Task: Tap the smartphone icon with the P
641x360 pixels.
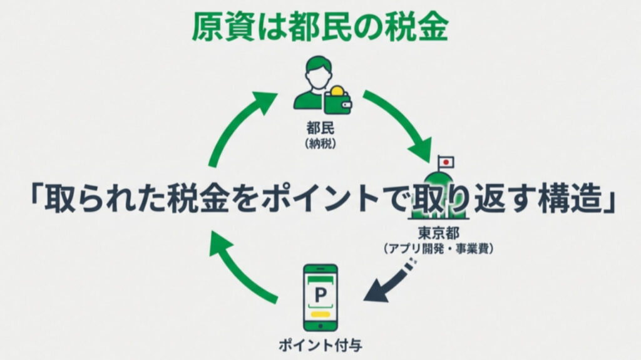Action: tap(320, 297)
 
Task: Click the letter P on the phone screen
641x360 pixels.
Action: tap(320, 292)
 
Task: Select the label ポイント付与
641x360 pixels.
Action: tap(320, 343)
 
